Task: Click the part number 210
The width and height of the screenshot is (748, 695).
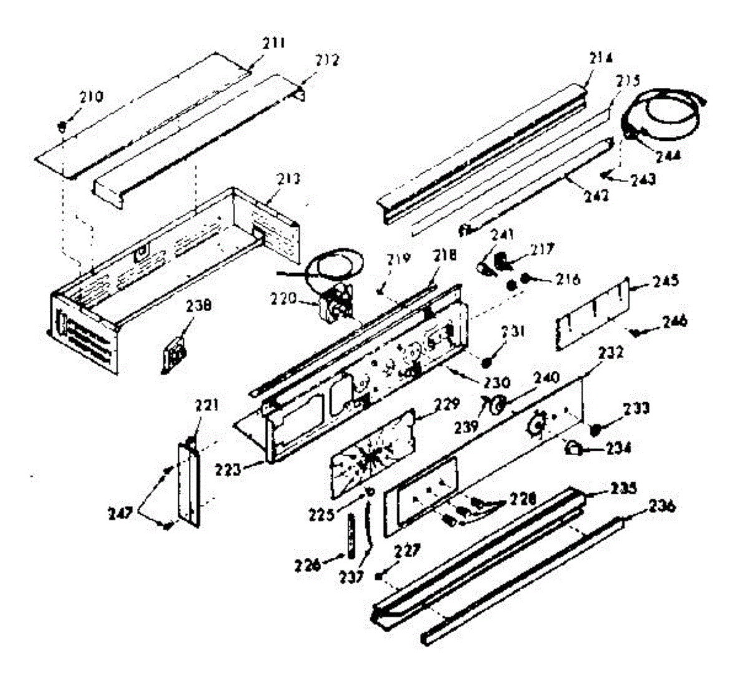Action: click(x=91, y=97)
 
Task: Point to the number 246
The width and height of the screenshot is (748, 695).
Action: click(x=674, y=322)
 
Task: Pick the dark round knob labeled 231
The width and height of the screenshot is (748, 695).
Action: click(x=489, y=360)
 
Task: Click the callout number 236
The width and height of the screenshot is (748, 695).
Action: click(x=661, y=506)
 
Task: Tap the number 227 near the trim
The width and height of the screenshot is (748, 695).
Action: click(x=406, y=551)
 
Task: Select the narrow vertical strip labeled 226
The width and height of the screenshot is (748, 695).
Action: click(x=352, y=535)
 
